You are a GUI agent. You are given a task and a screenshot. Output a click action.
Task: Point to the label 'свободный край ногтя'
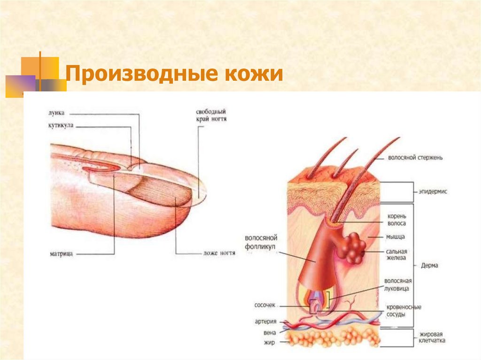pyautogui.click(x=211, y=116)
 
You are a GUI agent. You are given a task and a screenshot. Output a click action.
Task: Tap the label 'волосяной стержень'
pyautogui.click(x=415, y=158)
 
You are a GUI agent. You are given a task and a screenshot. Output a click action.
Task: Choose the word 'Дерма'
pyautogui.click(x=429, y=265)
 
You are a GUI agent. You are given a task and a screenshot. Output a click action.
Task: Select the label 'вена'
pyautogui.click(x=269, y=332)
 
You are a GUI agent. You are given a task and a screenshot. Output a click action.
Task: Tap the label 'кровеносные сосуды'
pyautogui.click(x=403, y=311)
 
